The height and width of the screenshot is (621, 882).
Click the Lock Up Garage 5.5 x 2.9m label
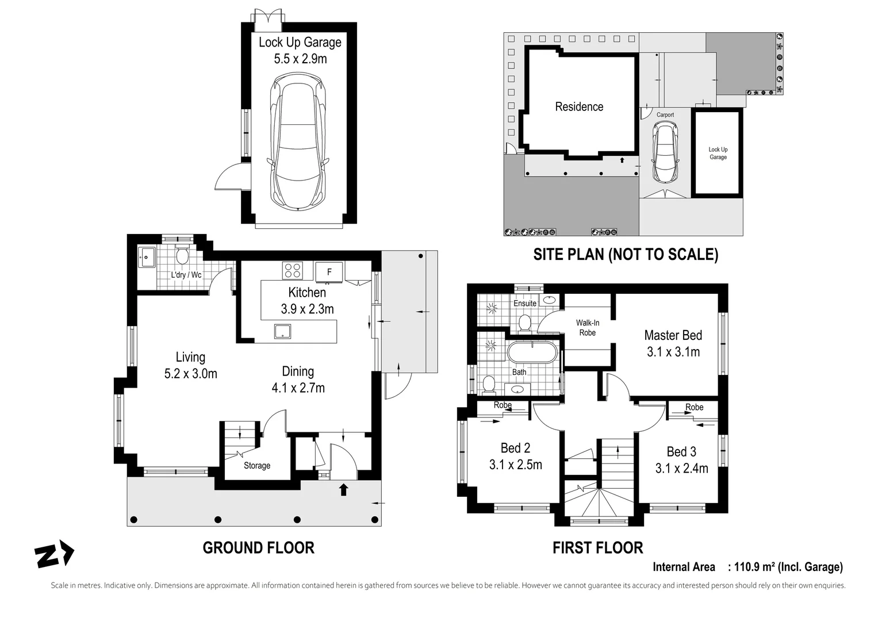(300, 50)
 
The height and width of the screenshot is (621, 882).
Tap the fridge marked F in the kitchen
(329, 272)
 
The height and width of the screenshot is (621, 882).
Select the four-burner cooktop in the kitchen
(293, 270)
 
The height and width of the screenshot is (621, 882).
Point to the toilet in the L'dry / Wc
(182, 256)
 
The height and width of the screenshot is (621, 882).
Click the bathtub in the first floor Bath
(532, 352)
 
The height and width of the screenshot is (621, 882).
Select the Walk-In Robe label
(587, 328)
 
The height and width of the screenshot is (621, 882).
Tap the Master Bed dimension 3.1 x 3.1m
(673, 352)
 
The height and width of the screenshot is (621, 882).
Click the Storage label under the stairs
(256, 466)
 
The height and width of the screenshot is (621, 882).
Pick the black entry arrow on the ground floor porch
(343, 489)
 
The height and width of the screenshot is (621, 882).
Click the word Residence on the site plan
(579, 107)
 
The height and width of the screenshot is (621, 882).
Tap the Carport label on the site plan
(665, 115)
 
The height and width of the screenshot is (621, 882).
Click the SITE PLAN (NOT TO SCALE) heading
(626, 254)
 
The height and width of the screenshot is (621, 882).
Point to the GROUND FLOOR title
(258, 547)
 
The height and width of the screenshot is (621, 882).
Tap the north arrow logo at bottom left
(54, 555)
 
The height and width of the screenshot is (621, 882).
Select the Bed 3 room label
(681, 452)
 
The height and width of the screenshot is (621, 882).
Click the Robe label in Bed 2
(503, 405)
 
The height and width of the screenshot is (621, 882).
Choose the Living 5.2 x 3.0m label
(190, 365)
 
